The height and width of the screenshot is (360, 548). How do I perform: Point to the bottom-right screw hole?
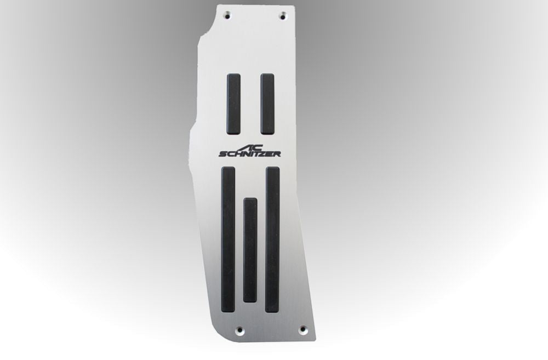pyautogui.click(x=303, y=329)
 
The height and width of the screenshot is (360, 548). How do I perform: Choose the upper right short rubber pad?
pyautogui.click(x=268, y=104)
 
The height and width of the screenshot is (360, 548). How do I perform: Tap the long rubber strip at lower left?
pyautogui.click(x=229, y=239)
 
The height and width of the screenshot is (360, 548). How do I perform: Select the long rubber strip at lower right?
pyautogui.click(x=272, y=239)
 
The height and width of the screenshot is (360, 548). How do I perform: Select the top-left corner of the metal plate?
pyautogui.click(x=218, y=5)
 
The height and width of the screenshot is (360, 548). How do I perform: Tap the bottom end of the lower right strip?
pyautogui.click(x=272, y=310)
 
